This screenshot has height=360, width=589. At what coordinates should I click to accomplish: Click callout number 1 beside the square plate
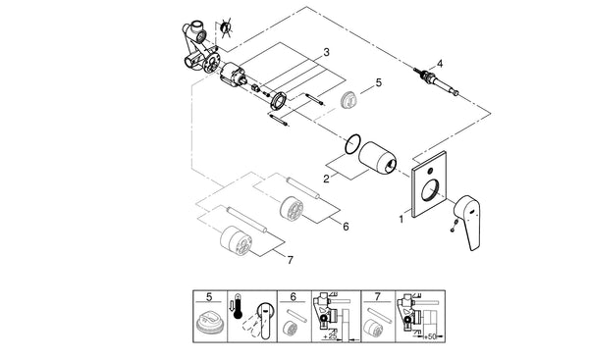tap(400, 218)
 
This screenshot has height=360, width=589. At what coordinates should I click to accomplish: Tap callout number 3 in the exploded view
tap(326, 51)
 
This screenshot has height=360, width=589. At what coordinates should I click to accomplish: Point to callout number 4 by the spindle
tap(440, 64)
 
